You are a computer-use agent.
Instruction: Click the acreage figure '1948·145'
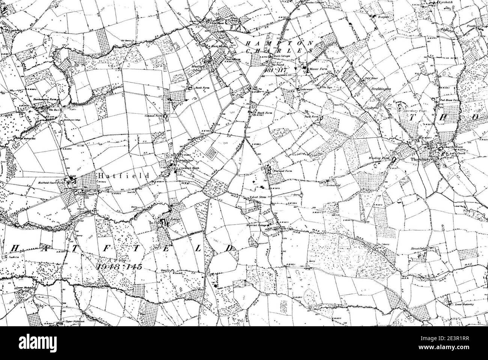pyautogui.click(x=113, y=267)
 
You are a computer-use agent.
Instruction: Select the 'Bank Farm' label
pyautogui.click(x=201, y=88)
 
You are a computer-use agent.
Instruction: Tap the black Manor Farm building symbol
pyautogui.click(x=305, y=69)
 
